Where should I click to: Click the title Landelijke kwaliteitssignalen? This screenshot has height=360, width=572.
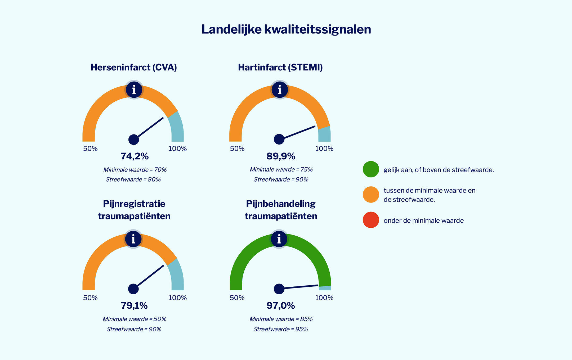point(286,29)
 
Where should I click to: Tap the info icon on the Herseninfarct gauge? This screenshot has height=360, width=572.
point(134,90)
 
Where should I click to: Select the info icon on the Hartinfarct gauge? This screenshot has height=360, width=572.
point(280,90)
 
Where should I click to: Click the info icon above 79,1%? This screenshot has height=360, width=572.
point(133,239)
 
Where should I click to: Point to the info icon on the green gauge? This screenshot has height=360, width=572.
point(279,239)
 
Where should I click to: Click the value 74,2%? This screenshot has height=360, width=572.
point(135,156)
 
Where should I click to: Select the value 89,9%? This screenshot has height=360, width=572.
point(281,156)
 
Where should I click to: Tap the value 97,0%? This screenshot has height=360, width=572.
point(281,306)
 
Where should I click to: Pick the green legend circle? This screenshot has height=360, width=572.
point(371,169)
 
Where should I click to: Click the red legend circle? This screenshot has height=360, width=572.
point(371,220)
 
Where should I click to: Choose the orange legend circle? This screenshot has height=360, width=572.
point(371,195)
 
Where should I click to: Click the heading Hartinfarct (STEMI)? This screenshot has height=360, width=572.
point(280,67)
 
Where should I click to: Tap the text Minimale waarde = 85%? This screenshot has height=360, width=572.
point(281,319)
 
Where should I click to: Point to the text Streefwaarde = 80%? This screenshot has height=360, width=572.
point(133,179)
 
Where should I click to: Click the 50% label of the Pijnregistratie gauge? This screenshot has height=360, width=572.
point(90,298)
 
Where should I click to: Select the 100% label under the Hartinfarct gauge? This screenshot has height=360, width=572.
point(324,148)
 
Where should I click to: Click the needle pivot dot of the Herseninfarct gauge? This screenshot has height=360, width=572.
point(134,139)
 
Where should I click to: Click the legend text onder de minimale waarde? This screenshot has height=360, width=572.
point(423,220)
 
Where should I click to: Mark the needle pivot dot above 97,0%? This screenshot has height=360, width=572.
point(279,289)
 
